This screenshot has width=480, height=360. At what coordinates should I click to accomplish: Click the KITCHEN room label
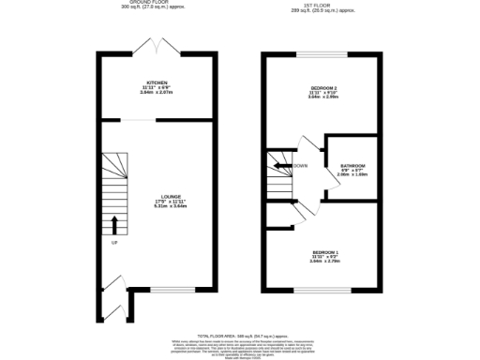pyautogui.click(x=157, y=83)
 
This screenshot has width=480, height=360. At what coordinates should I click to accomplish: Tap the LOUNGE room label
pyautogui.click(x=157, y=196)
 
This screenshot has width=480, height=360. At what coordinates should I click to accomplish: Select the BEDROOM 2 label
pyautogui.click(x=322, y=88)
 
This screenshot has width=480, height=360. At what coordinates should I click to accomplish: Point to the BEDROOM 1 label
pyautogui.click(x=322, y=252)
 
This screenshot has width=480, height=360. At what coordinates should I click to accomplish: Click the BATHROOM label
pyautogui.click(x=352, y=165)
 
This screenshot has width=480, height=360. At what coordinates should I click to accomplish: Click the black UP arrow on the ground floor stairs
pyautogui.click(x=115, y=225)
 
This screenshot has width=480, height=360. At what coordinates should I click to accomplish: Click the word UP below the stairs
pyautogui.click(x=115, y=243)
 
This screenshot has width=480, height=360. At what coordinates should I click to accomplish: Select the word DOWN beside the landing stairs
pyautogui.click(x=300, y=166)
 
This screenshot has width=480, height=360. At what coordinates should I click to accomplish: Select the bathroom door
pyautogui.click(x=330, y=187)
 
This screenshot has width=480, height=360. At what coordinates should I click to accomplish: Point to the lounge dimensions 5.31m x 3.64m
pyautogui.click(x=157, y=207)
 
